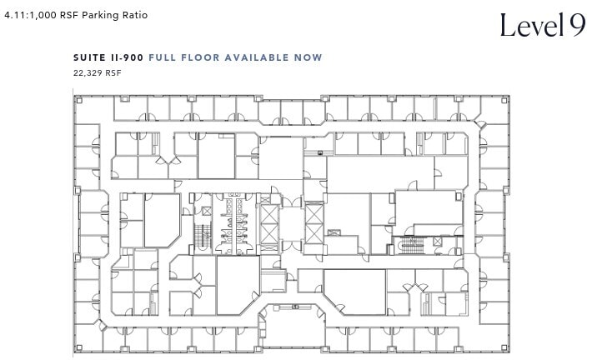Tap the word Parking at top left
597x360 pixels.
(x=98, y=14)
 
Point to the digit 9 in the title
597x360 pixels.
(x=578, y=26)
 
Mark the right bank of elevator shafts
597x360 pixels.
(x=313, y=222)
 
